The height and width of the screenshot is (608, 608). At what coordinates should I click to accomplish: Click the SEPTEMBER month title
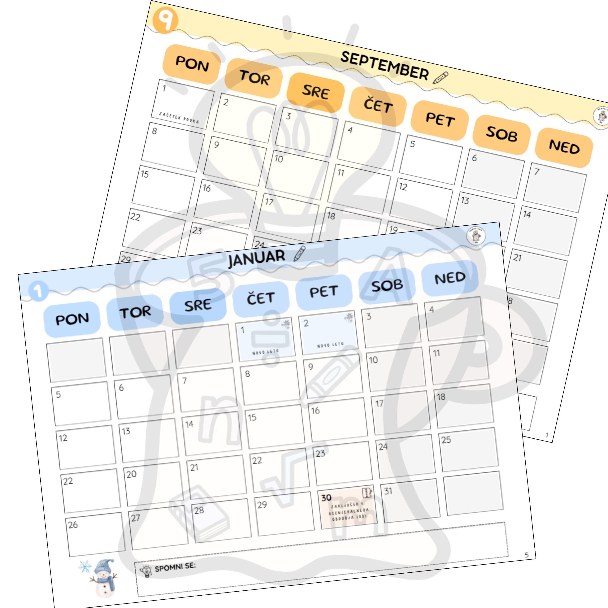point(384,66)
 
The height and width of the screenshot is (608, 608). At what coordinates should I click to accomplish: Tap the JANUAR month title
point(256,258)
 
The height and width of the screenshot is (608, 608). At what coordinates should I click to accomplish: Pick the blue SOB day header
point(387,285)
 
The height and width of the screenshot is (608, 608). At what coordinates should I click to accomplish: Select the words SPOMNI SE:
point(175,567)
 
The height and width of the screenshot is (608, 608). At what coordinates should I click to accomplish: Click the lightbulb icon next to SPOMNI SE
point(145,570)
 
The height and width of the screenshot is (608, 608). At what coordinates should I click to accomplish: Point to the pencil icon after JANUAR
point(299,254)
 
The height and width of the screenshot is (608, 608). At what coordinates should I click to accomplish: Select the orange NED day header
point(564,147)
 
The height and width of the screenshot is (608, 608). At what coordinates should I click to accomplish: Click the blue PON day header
point(72,319)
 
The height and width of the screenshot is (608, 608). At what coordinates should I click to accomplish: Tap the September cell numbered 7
point(555,187)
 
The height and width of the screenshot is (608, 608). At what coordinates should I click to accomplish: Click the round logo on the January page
point(475,236)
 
